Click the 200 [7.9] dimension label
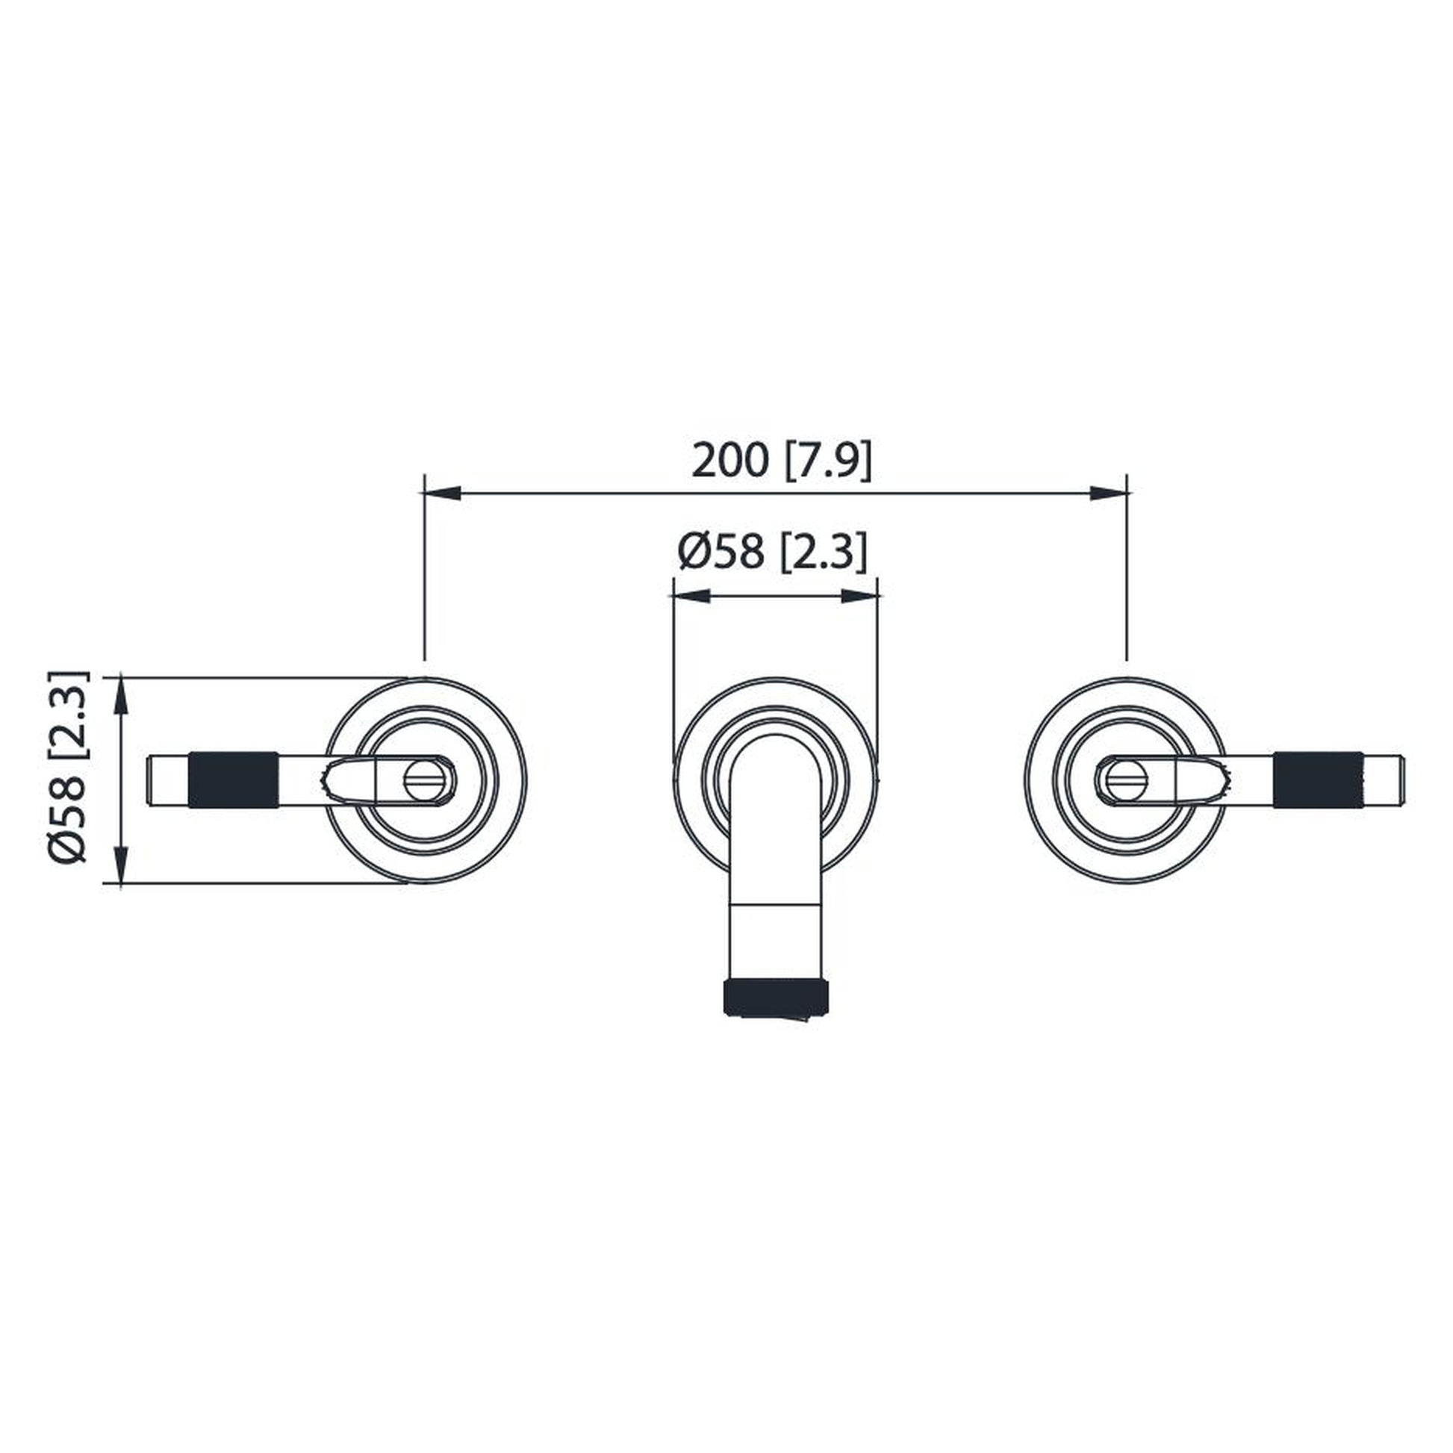782,460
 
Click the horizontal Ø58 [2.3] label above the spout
772,552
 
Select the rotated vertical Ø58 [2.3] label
69,766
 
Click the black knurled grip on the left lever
233,780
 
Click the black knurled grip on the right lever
1318,780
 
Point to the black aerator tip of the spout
776,997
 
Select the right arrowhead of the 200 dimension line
1109,493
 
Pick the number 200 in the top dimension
730,460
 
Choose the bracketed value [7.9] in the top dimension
829,460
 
